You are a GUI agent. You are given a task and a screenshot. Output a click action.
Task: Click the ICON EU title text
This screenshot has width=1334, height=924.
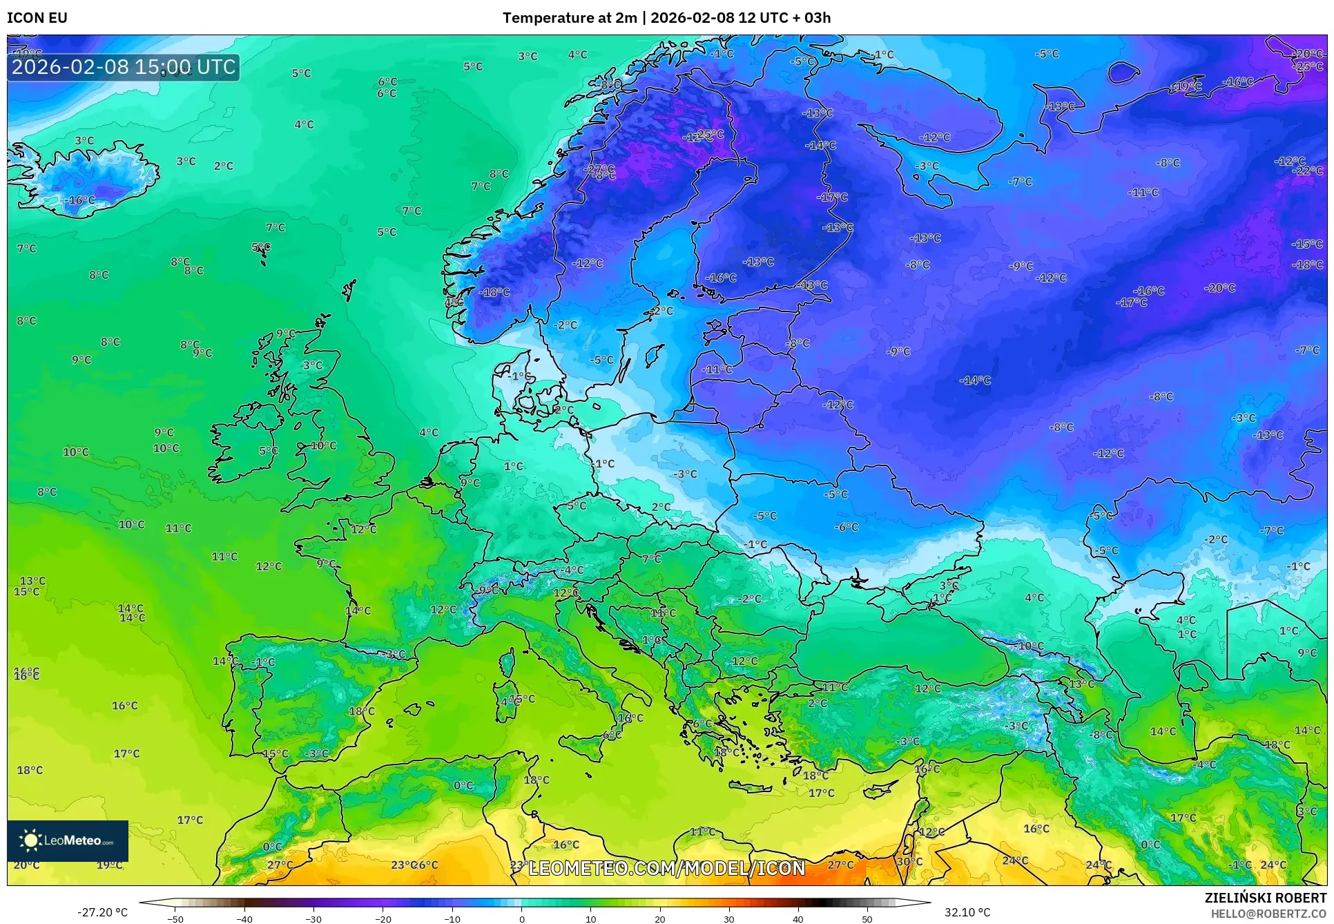37,18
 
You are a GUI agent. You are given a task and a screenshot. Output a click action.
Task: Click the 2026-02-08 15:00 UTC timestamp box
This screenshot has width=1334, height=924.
124,67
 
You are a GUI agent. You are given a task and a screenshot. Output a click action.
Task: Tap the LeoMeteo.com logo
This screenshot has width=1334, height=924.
68,840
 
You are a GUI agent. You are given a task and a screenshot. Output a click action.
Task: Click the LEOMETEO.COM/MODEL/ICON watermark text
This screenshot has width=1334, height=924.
666,868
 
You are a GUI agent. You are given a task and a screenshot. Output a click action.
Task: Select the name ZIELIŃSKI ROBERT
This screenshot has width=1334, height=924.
1265,898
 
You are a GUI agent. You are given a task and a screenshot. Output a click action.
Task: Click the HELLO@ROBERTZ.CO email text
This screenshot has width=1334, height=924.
1268,914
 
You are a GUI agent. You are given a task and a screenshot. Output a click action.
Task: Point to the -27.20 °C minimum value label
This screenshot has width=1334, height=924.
102,912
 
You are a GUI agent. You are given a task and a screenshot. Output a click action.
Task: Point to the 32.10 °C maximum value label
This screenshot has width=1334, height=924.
967,912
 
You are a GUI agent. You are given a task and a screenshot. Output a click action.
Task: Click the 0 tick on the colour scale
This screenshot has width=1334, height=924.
521,919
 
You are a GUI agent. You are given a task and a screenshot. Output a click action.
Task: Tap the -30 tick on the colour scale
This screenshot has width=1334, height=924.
313,919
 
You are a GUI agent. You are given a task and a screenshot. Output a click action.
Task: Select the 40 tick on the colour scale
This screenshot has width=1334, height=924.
798,919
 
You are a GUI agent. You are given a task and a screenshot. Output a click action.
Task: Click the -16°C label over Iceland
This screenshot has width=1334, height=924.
80,200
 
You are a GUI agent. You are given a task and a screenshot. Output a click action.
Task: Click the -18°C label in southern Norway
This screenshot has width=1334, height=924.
494,292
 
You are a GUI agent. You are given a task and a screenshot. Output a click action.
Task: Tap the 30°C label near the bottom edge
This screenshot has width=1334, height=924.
909,861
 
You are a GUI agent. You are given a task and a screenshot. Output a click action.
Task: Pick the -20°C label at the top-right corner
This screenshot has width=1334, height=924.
1306,54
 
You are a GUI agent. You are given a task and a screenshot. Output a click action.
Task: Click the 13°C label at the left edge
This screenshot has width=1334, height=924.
32,581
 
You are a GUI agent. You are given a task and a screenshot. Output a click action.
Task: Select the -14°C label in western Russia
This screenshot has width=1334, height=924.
975,381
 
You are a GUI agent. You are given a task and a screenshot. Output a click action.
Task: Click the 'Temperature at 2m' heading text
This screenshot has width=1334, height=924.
569,18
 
